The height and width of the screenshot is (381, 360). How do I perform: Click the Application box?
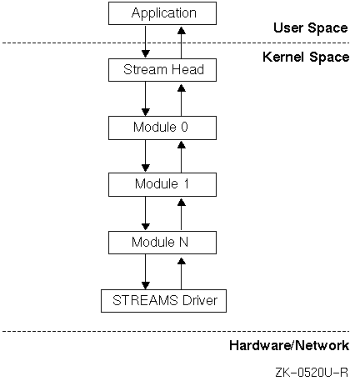click(162, 13)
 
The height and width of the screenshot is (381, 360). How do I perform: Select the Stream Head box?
click(162, 70)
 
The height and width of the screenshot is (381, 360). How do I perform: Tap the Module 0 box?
click(162, 128)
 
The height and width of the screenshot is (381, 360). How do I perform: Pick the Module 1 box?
click(162, 184)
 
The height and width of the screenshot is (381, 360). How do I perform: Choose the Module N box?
click(162, 243)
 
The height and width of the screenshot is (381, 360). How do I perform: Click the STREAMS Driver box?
click(163, 301)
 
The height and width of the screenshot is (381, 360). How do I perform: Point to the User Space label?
click(311, 28)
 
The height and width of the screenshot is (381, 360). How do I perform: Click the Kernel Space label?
click(306, 57)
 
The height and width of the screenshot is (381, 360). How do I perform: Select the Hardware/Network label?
click(289, 345)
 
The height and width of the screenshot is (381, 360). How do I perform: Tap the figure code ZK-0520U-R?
click(312, 372)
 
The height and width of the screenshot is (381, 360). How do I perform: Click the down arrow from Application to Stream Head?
click(146, 42)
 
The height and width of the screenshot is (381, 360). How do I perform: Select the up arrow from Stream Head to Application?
click(182, 43)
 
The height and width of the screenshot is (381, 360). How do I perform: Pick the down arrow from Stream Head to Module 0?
click(146, 99)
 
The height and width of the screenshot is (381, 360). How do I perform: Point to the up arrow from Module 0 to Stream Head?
click(182, 100)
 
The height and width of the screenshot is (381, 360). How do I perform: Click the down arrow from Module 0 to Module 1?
click(146, 156)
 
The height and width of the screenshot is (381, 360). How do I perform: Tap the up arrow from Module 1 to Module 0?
click(182, 157)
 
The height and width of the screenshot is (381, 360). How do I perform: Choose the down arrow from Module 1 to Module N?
click(146, 213)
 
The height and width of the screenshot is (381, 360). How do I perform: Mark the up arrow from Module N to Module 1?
click(182, 214)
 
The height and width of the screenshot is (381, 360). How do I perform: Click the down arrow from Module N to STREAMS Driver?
click(146, 272)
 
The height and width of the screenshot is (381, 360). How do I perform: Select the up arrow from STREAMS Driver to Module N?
click(182, 273)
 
